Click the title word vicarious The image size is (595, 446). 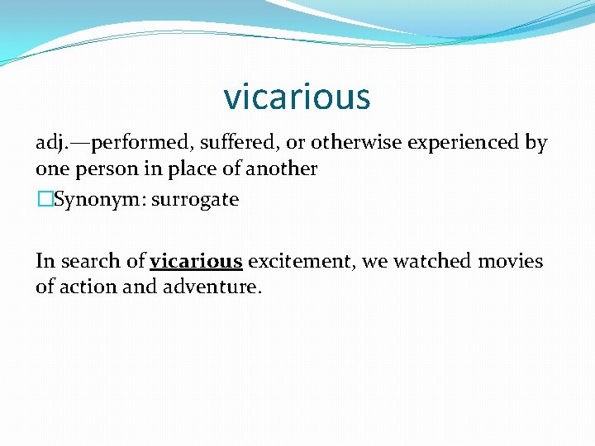pos(297,97)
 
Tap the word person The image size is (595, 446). pos(102,168)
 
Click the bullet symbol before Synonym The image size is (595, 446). pos(44,200)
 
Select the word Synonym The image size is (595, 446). pos(89,201)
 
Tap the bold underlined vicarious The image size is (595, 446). pos(196,262)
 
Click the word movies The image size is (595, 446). pos(510,262)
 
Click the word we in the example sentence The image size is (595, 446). pos(376,263)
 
